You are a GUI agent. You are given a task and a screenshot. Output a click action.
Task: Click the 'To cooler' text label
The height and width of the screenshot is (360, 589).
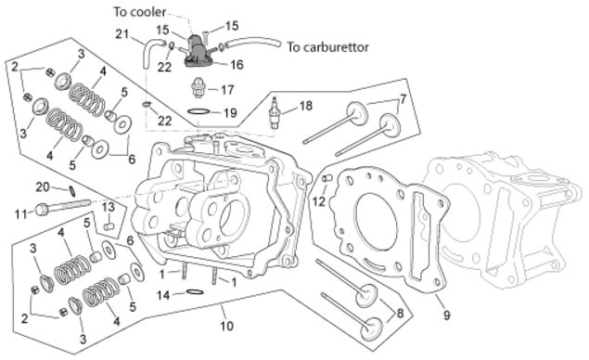[x=140, y=12]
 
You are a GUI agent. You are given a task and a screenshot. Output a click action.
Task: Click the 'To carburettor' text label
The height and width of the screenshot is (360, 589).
[x=328, y=47]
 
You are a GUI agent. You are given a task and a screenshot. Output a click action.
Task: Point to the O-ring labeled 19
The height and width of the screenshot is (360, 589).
[x=198, y=111]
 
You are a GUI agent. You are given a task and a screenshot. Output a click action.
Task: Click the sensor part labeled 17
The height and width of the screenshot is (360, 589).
[x=198, y=87]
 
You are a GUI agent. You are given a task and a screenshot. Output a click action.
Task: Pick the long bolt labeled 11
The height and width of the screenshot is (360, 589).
[x=63, y=206]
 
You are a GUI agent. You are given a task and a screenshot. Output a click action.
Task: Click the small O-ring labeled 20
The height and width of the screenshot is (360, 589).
[x=72, y=191]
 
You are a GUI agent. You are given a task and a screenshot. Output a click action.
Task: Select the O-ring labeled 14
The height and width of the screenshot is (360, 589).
[x=195, y=292]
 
